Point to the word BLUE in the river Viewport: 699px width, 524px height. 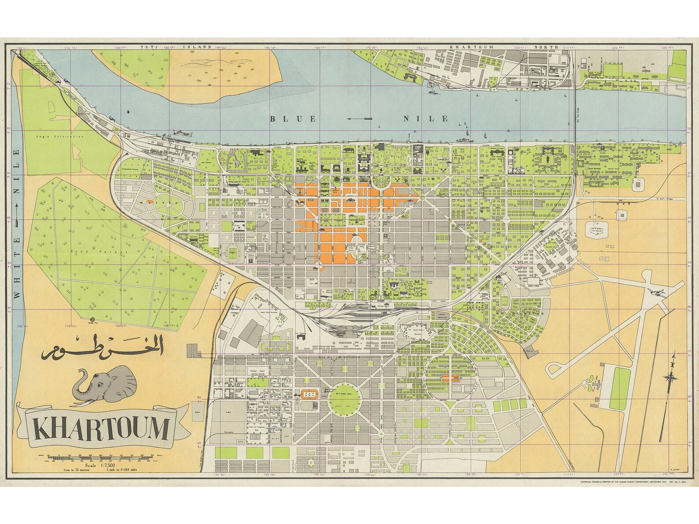tap(293, 119)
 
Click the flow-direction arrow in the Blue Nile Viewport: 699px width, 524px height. tap(359, 119)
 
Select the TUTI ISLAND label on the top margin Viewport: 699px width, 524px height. tap(176, 47)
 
